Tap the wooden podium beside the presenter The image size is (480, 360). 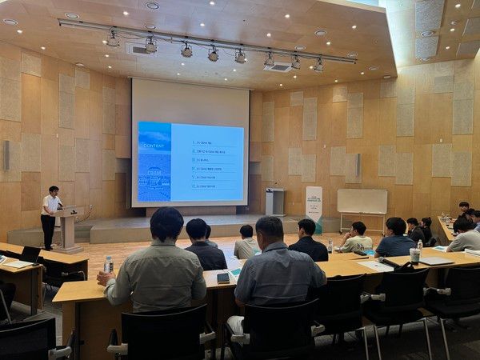(69, 228)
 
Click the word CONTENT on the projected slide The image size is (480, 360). (154, 146)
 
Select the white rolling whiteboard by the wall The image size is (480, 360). (362, 202)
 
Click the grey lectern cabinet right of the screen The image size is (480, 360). (274, 202)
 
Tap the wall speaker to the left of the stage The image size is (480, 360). (7, 155)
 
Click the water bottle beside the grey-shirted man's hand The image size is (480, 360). (108, 265)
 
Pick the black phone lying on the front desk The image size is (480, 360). (223, 278)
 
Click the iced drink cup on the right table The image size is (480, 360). (414, 254)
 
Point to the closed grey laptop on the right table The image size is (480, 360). (437, 261)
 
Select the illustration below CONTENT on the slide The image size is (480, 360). (154, 178)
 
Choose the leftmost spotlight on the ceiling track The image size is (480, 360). (113, 39)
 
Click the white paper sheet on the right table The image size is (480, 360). (374, 266)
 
